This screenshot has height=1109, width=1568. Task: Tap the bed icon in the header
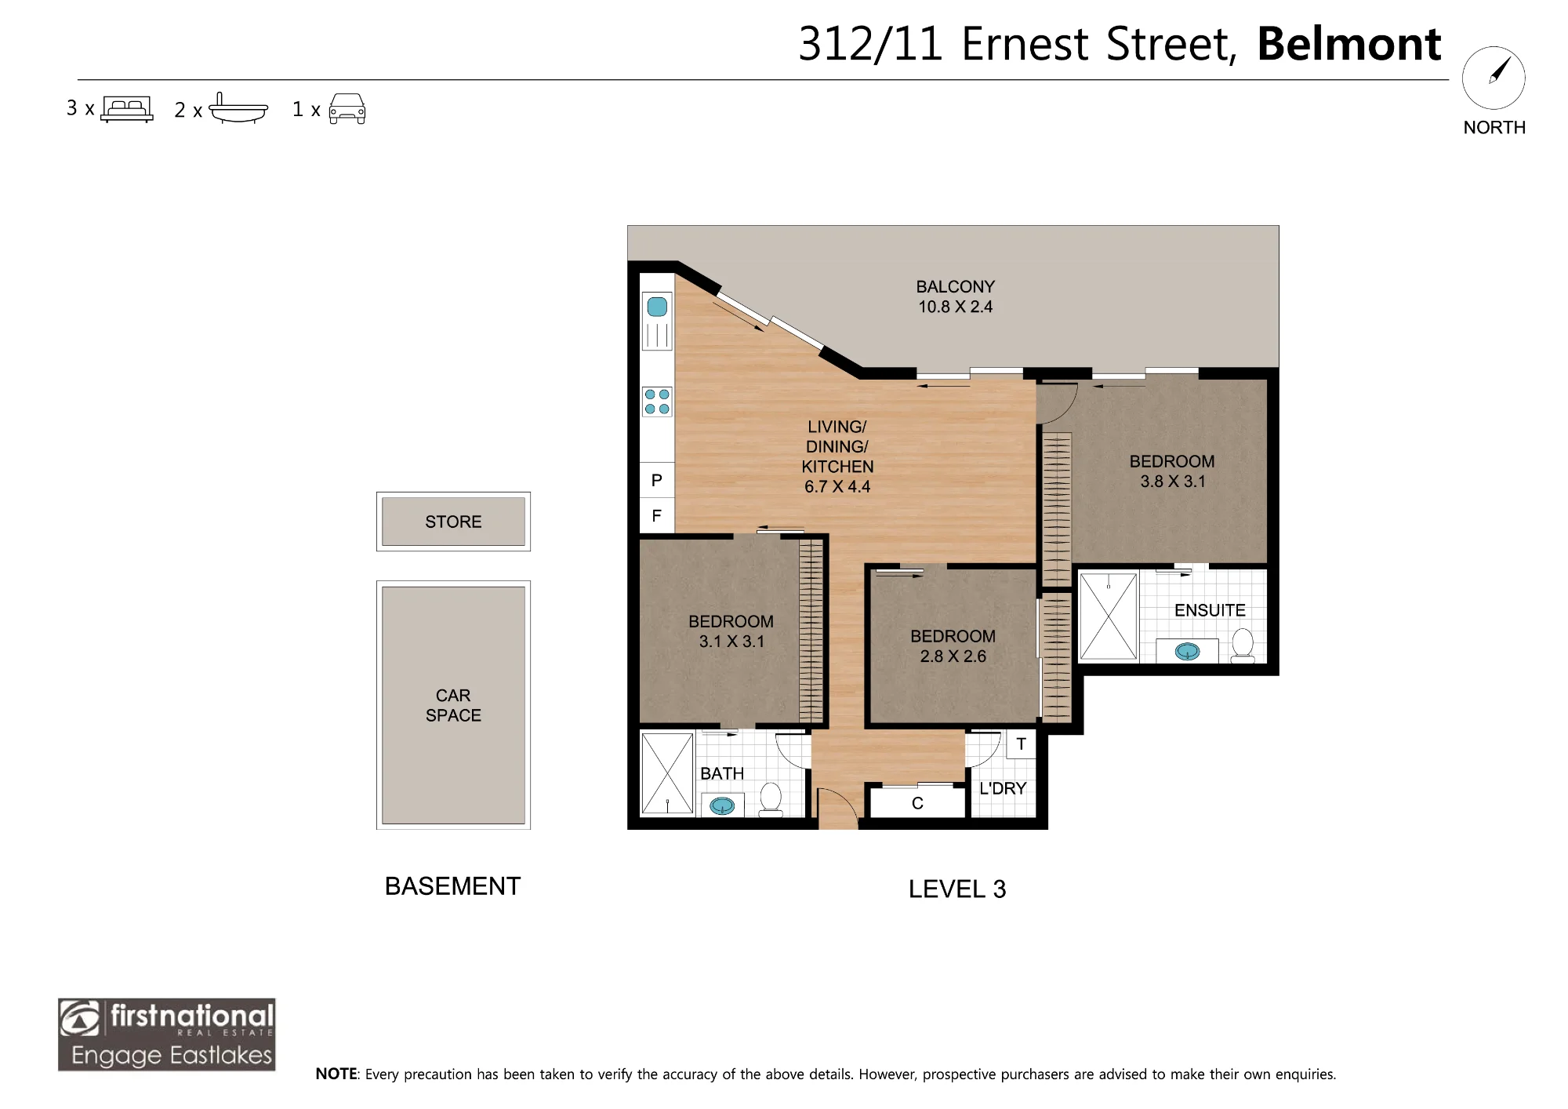tap(127, 108)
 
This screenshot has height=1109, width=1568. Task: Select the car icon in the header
tap(347, 109)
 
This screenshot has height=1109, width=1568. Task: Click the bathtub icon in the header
tap(238, 109)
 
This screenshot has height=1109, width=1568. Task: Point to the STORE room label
tap(453, 522)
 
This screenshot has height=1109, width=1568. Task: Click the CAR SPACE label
tap(453, 705)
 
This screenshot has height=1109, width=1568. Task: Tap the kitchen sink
tap(657, 321)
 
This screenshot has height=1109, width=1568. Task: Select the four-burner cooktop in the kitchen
tap(657, 402)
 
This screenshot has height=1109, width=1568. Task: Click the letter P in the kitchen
tap(657, 480)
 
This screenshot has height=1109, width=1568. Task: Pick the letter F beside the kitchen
tap(657, 515)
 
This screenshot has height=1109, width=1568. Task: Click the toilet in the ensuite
tap(1243, 645)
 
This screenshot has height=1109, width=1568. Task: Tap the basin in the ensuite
tap(1187, 651)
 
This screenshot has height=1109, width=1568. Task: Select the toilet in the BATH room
tap(771, 800)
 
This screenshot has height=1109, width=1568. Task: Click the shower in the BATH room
tap(667, 773)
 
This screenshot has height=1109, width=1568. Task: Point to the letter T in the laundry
tap(1021, 744)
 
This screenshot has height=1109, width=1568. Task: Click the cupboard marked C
tap(917, 802)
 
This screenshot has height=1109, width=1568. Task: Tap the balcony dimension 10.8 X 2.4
tap(955, 307)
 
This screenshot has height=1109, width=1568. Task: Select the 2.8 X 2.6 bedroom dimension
tap(953, 656)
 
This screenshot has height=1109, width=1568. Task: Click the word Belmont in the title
tap(1349, 44)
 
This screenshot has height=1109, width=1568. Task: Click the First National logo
tap(167, 1034)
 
